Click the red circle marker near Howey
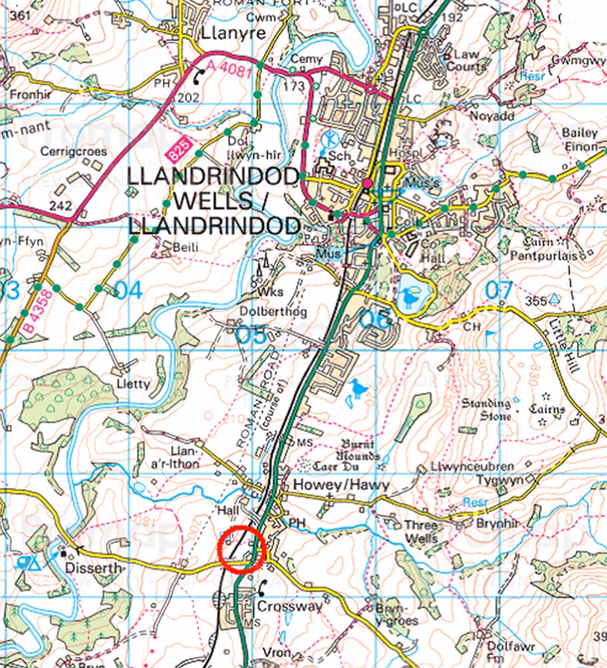tap(241, 550)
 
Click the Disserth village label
tap(95, 568)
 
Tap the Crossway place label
tap(289, 606)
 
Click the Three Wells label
tap(421, 531)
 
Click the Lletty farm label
tap(136, 384)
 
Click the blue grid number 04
tap(128, 291)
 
